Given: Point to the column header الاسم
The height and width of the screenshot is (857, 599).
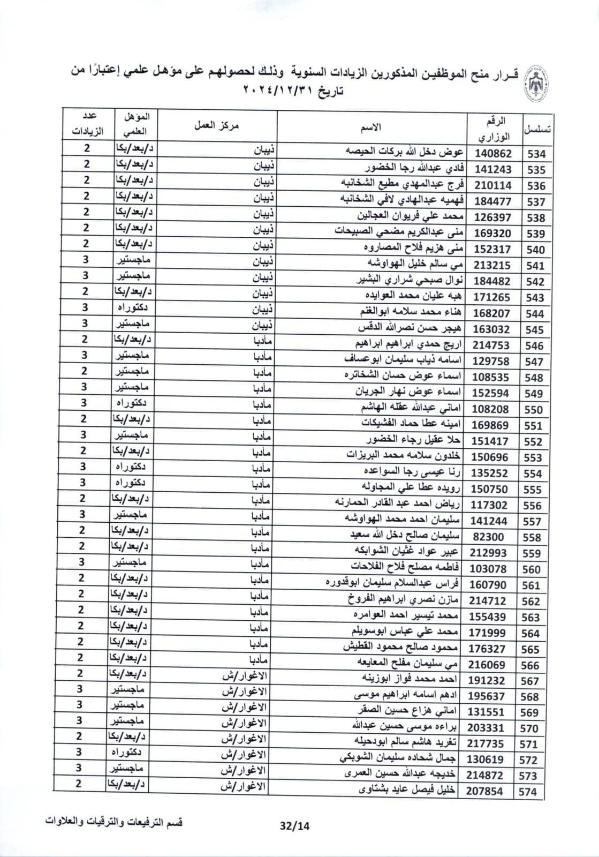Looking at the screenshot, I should [373, 127].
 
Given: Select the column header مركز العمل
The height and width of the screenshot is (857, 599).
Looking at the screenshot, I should [216, 125].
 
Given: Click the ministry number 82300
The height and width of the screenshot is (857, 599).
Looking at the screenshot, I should [489, 537].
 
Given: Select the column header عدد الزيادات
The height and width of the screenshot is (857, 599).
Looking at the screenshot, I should [86, 124].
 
